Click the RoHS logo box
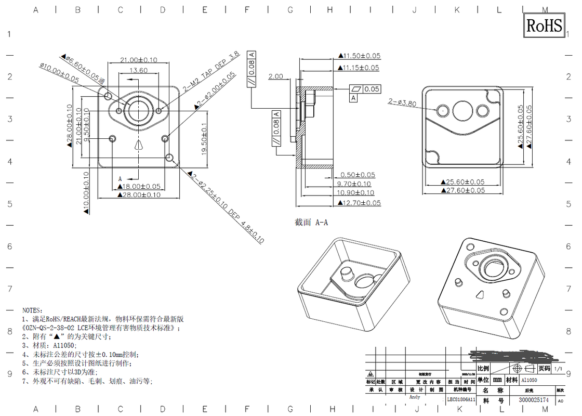coord(544,25)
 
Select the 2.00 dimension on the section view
coord(275,76)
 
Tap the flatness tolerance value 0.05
coord(372,89)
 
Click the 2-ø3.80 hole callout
coord(403,102)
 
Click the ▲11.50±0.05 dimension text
coord(360,56)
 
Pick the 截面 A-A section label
coord(311,223)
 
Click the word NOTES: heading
coord(33,310)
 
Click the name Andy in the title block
coord(415,397)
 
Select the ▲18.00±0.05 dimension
coord(138,186)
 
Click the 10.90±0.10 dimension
coord(355,193)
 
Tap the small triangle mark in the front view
coord(138,145)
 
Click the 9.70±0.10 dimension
coord(355,184)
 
